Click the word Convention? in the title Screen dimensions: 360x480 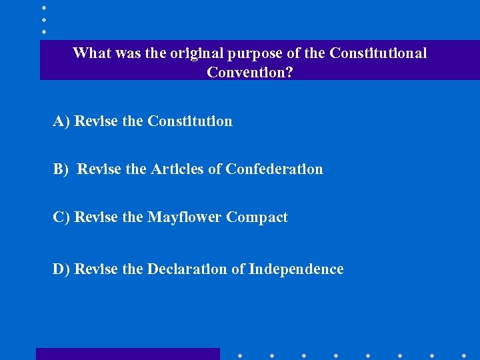(x=249, y=72)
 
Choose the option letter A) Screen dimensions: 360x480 (x=62, y=121)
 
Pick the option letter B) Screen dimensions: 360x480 (x=61, y=169)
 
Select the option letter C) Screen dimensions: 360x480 (x=62, y=217)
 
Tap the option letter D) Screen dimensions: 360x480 (x=62, y=269)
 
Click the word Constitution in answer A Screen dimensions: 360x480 (x=190, y=121)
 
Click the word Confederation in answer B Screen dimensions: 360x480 (x=274, y=169)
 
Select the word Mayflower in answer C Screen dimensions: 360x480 (x=185, y=217)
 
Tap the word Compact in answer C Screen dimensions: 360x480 (x=257, y=217)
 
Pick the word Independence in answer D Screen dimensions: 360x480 (x=296, y=269)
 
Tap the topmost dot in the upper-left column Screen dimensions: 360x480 (x=43, y=7)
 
